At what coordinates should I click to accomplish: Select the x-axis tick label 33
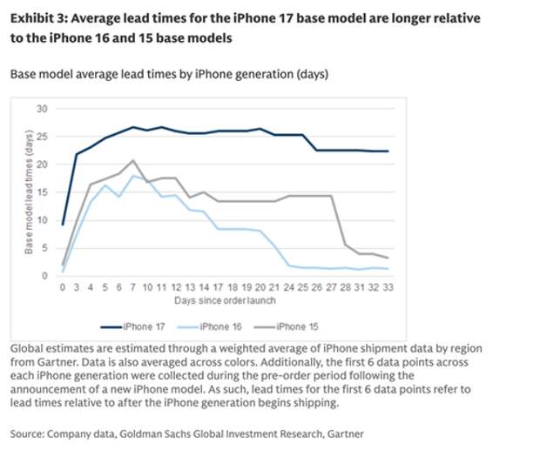pyautogui.click(x=386, y=286)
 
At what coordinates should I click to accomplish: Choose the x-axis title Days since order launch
pyautogui.click(x=225, y=301)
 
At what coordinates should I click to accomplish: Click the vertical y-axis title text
pyautogui.click(x=28, y=192)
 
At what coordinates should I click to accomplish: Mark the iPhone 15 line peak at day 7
pyautogui.click(x=132, y=160)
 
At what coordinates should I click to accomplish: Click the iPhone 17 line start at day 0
pyautogui.click(x=63, y=225)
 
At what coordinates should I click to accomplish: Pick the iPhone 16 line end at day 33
pyautogui.click(x=386, y=269)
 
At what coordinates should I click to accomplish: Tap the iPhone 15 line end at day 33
pyautogui.click(x=386, y=258)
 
